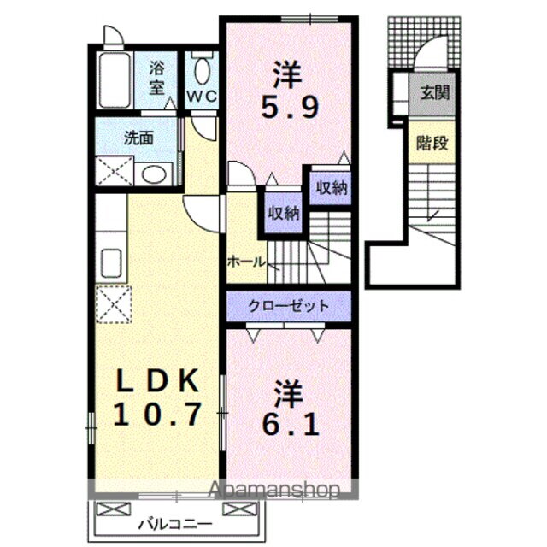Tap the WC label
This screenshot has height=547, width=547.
click(x=203, y=96)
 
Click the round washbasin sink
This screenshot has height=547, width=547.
click(x=153, y=175)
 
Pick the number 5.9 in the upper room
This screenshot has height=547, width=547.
click(x=287, y=109)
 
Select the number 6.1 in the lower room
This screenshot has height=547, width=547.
click(x=288, y=421)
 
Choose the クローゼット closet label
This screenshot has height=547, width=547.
click(x=288, y=306)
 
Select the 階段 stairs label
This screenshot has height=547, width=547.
click(x=432, y=143)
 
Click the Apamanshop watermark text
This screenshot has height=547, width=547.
click(x=273, y=490)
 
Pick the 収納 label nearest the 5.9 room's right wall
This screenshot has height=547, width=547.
click(x=331, y=188)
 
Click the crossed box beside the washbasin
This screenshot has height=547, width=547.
click(x=112, y=174)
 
